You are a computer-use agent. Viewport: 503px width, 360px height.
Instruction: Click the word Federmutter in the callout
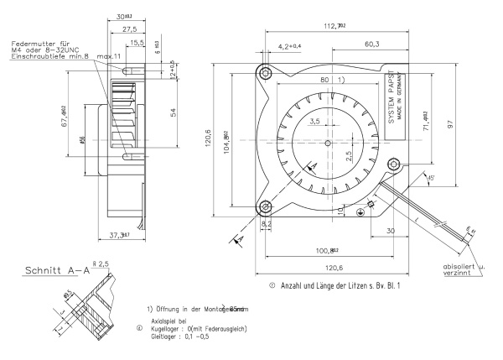click(x=29, y=42)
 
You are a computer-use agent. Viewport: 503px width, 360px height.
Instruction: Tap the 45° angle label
click(x=431, y=177)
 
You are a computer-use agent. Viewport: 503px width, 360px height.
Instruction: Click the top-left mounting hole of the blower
click(x=266, y=74)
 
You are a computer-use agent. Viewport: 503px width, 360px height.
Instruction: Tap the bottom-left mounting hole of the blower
click(x=266, y=206)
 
